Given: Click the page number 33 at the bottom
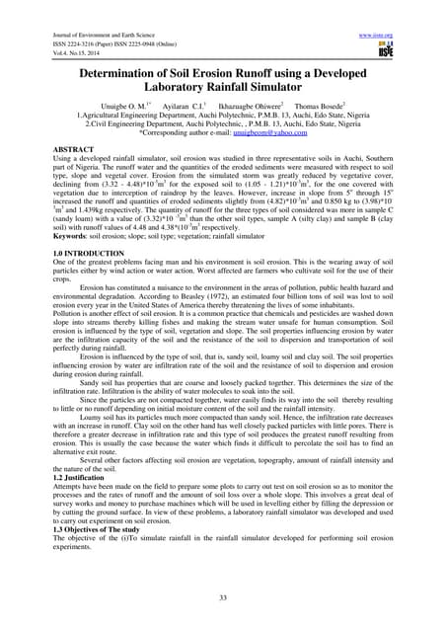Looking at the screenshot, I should tap(222, 597).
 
